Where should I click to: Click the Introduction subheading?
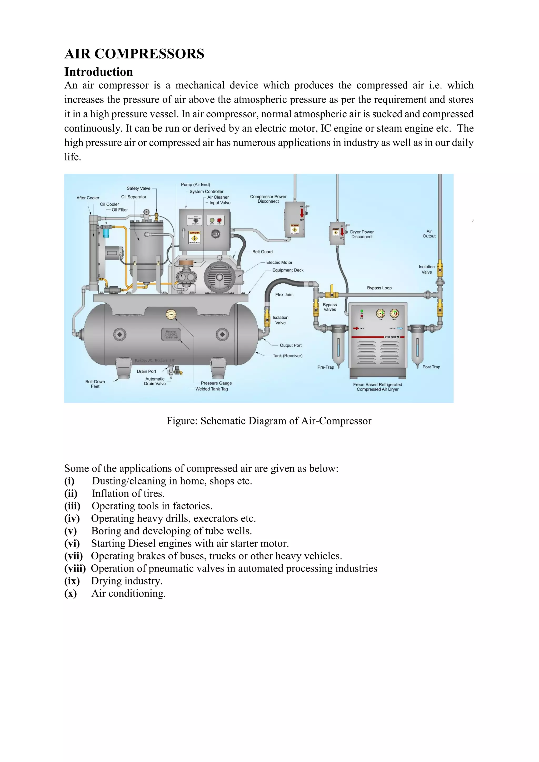[99, 72]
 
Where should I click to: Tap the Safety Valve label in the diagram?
[138, 188]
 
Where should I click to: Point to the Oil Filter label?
[119, 210]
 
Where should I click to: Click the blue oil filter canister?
[106, 231]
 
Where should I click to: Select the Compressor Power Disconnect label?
[268, 199]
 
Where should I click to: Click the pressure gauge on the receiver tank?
[171, 314]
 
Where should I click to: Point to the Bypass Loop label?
[379, 288]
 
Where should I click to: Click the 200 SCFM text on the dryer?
[392, 337]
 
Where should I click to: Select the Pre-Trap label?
[326, 367]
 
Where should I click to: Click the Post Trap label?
[431, 367]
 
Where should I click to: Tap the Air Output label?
[429, 234]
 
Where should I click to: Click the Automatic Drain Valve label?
[155, 381]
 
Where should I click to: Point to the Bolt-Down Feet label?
[95, 384]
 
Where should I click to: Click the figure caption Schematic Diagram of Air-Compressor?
[269, 421]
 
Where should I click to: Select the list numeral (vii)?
[73, 556]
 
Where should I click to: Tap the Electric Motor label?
[279, 262]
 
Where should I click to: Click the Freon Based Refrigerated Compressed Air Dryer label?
[377, 387]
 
